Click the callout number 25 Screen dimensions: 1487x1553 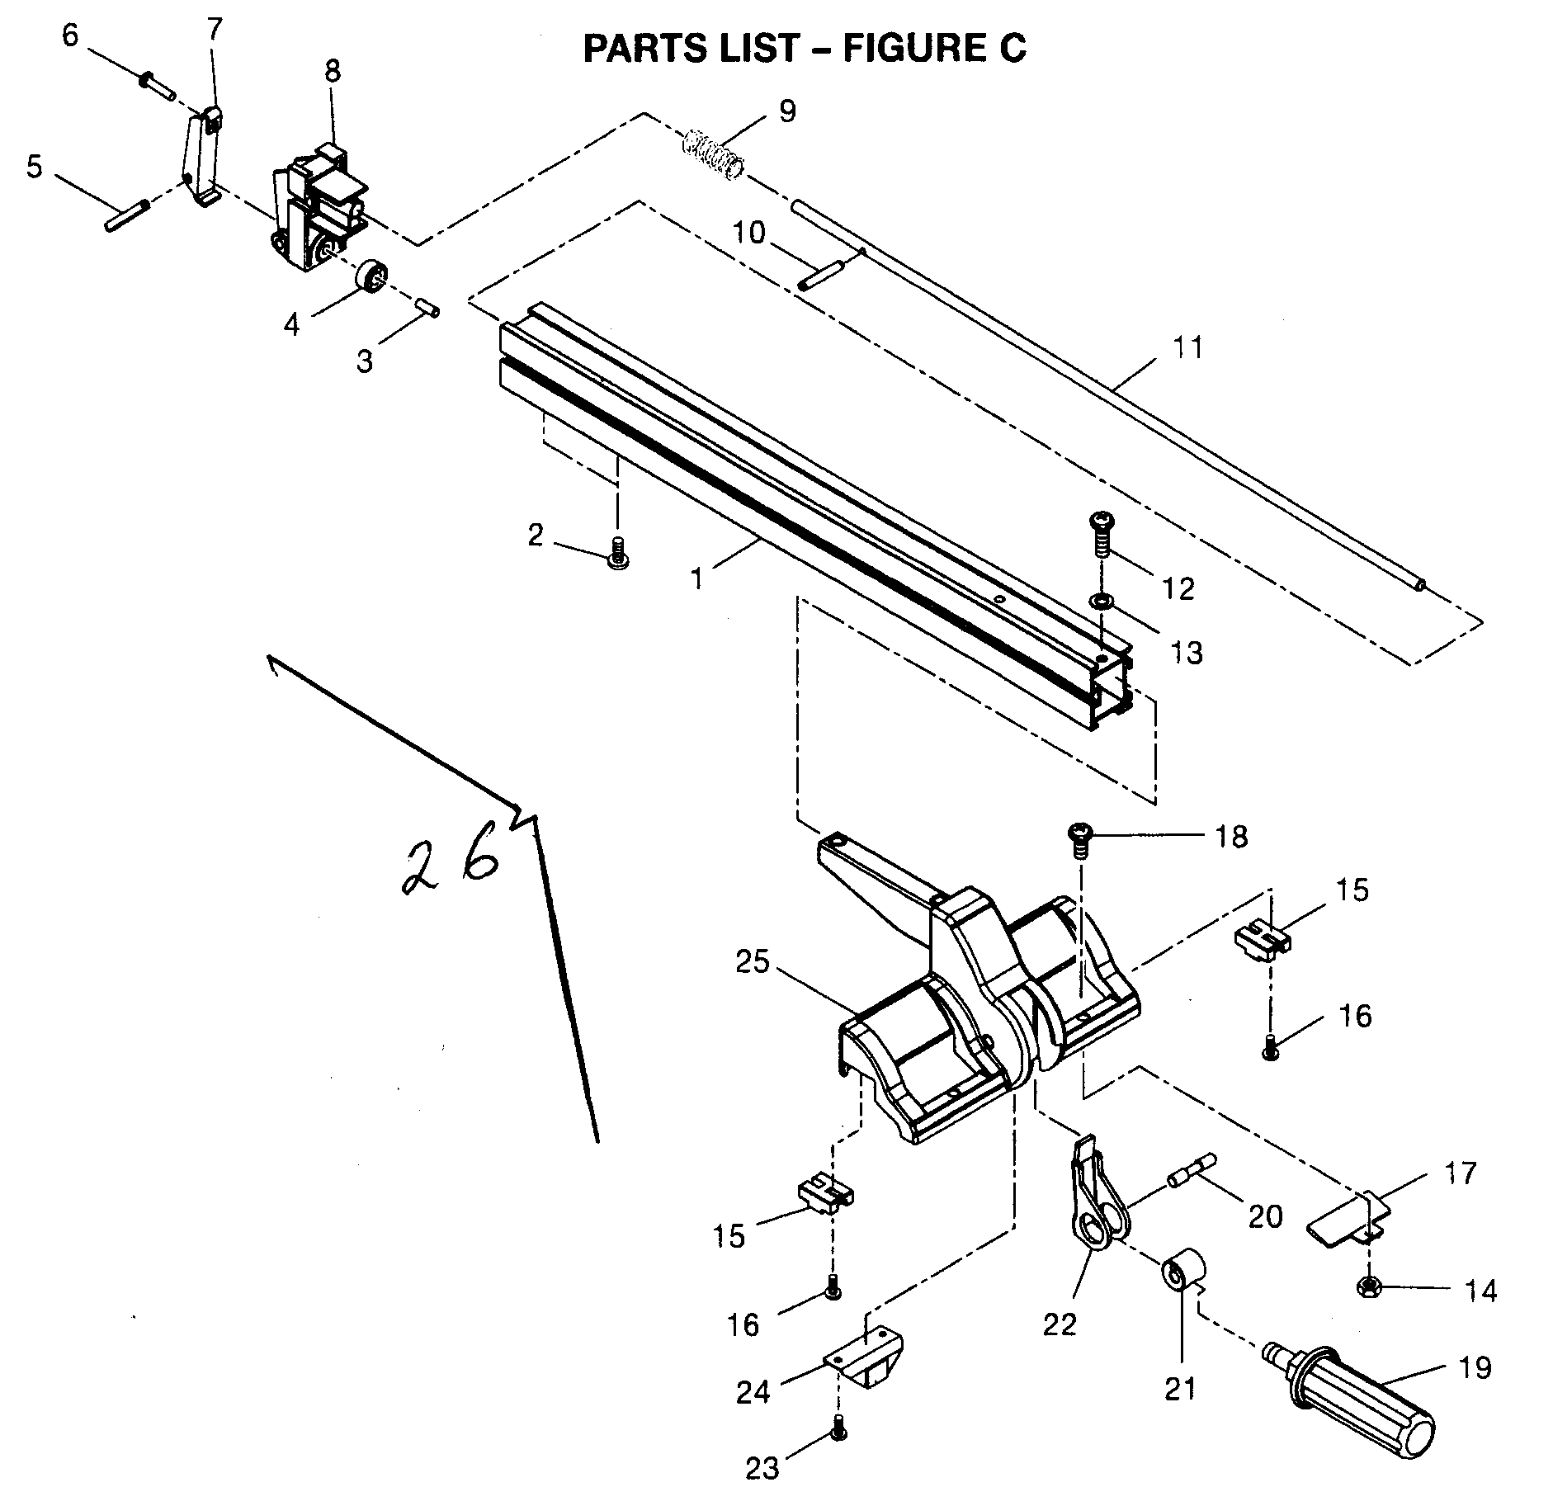pyautogui.click(x=753, y=963)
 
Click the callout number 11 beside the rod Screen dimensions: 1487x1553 pyautogui.click(x=1187, y=347)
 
